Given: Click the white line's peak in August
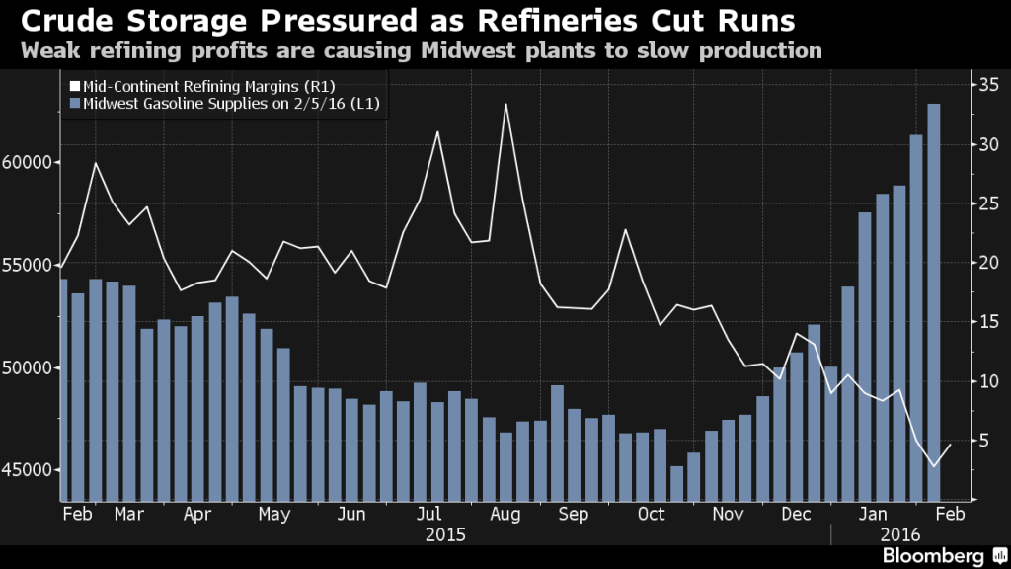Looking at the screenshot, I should pos(506,104).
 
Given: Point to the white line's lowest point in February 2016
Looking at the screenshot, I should pos(934,466).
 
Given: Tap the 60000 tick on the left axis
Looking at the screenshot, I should pos(29,162).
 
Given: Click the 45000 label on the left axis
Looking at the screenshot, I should pos(29,470).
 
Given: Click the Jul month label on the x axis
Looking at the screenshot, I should pos(428,514).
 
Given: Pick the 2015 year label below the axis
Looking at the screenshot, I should pos(445,534).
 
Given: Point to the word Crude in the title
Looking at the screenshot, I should pos(57,20).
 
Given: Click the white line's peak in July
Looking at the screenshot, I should pos(437,131).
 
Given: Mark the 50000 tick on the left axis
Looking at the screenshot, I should pos(29,367).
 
